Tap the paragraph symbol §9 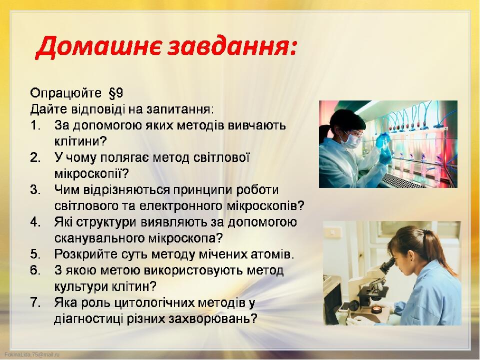(x=115, y=93)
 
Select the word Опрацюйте (x=65, y=93)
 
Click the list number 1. (x=35, y=125)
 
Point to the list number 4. (x=35, y=222)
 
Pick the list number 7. (x=35, y=303)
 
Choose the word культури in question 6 (x=81, y=287)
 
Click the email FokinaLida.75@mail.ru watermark (x=32, y=354)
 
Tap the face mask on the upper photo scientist (x=352, y=139)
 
